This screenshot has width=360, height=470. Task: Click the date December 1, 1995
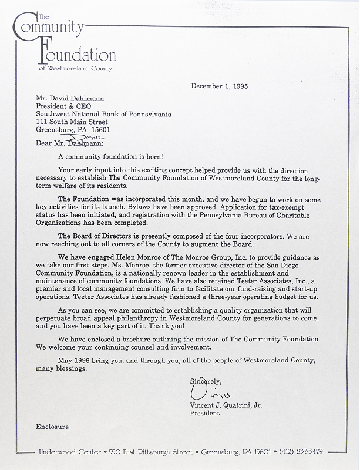(x=219, y=86)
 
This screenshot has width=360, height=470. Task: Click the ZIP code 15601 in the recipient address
(x=99, y=129)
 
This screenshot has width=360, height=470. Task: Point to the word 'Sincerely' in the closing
(x=205, y=381)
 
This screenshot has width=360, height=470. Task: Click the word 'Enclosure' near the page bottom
(x=52, y=427)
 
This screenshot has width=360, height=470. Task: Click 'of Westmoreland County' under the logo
(x=76, y=69)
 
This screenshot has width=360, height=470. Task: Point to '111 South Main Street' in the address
(x=72, y=122)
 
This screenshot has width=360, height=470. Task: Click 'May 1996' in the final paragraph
(x=73, y=360)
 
